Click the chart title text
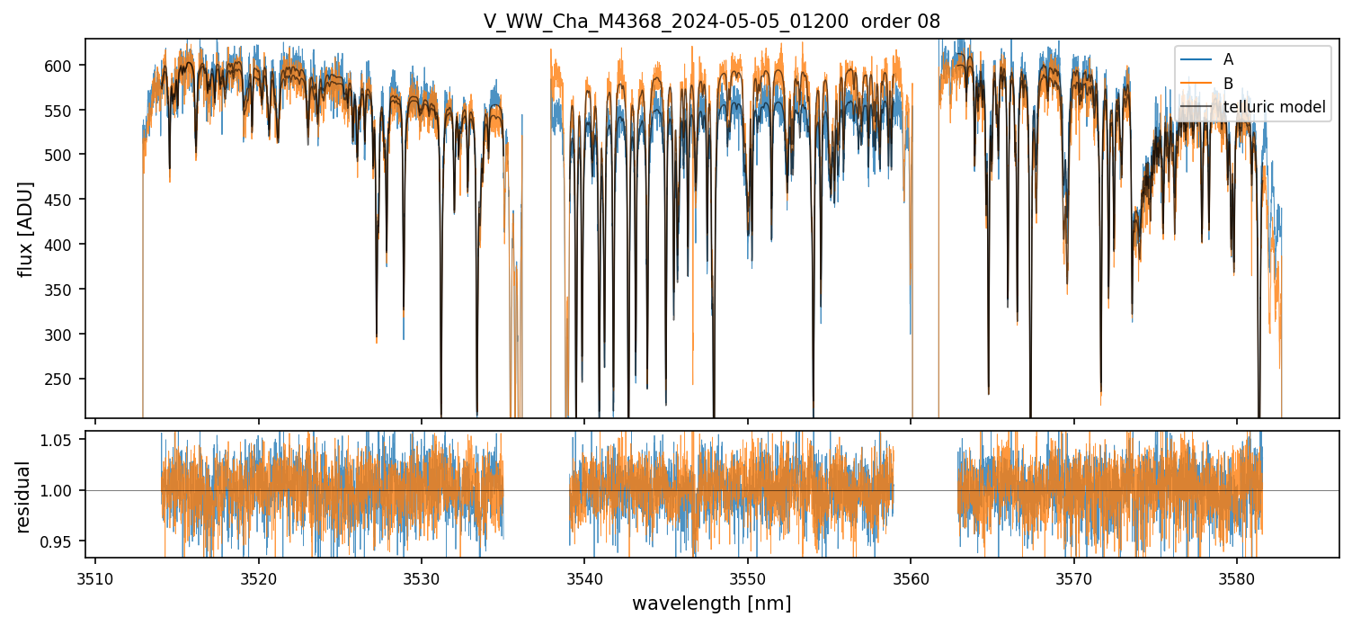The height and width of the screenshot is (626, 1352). pyautogui.click(x=712, y=22)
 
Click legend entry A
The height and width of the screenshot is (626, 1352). pyautogui.click(x=1229, y=59)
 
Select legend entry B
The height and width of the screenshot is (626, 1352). pyautogui.click(x=1229, y=84)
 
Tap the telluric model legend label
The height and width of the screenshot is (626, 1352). pyautogui.click(x=1275, y=108)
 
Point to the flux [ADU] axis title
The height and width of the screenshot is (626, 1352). pyautogui.click(x=26, y=228)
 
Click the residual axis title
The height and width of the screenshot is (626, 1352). pyautogui.click(x=24, y=496)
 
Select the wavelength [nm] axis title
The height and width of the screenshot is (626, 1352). pyautogui.click(x=712, y=604)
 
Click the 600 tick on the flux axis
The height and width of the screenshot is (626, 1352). pyautogui.click(x=65, y=66)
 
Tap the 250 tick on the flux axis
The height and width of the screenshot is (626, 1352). pyautogui.click(x=65, y=380)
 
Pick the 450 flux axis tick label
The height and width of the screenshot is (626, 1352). pyautogui.click(x=65, y=245)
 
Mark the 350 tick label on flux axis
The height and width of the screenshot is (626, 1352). pyautogui.click(x=65, y=335)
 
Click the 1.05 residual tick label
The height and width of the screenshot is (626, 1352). pyautogui.click(x=61, y=440)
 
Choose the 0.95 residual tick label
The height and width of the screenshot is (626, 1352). pyautogui.click(x=61, y=541)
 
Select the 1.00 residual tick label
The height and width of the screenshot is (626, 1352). pyautogui.click(x=61, y=491)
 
